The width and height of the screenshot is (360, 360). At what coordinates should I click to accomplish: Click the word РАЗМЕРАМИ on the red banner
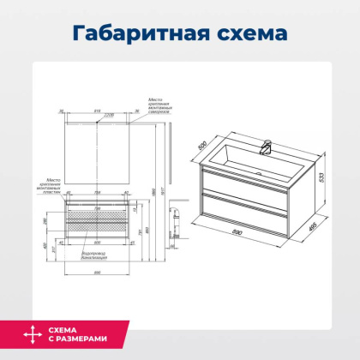(x=84, y=343)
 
